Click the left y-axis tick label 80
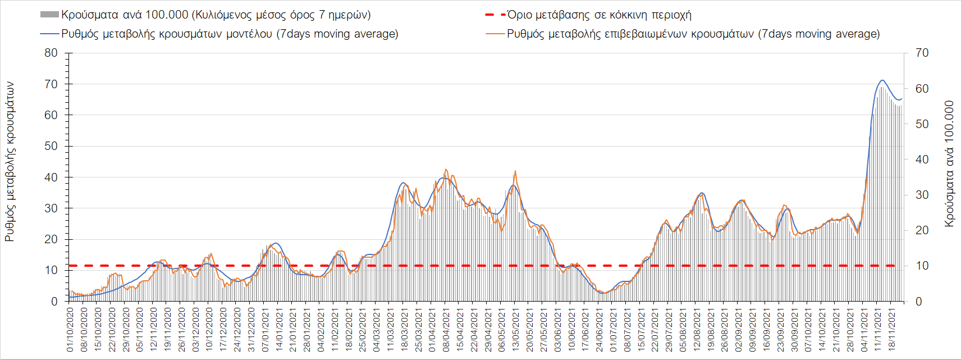[51, 53]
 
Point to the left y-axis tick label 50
[51, 146]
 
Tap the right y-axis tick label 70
[922, 53]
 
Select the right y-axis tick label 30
[922, 195]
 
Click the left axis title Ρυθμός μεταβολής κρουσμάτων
[10, 162]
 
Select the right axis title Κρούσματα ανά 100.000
[949, 164]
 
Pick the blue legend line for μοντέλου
[49, 34]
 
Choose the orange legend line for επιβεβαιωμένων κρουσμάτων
[495, 34]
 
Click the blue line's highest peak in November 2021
[882, 80]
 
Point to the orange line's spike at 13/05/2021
[515, 171]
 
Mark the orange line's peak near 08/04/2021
[446, 169]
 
